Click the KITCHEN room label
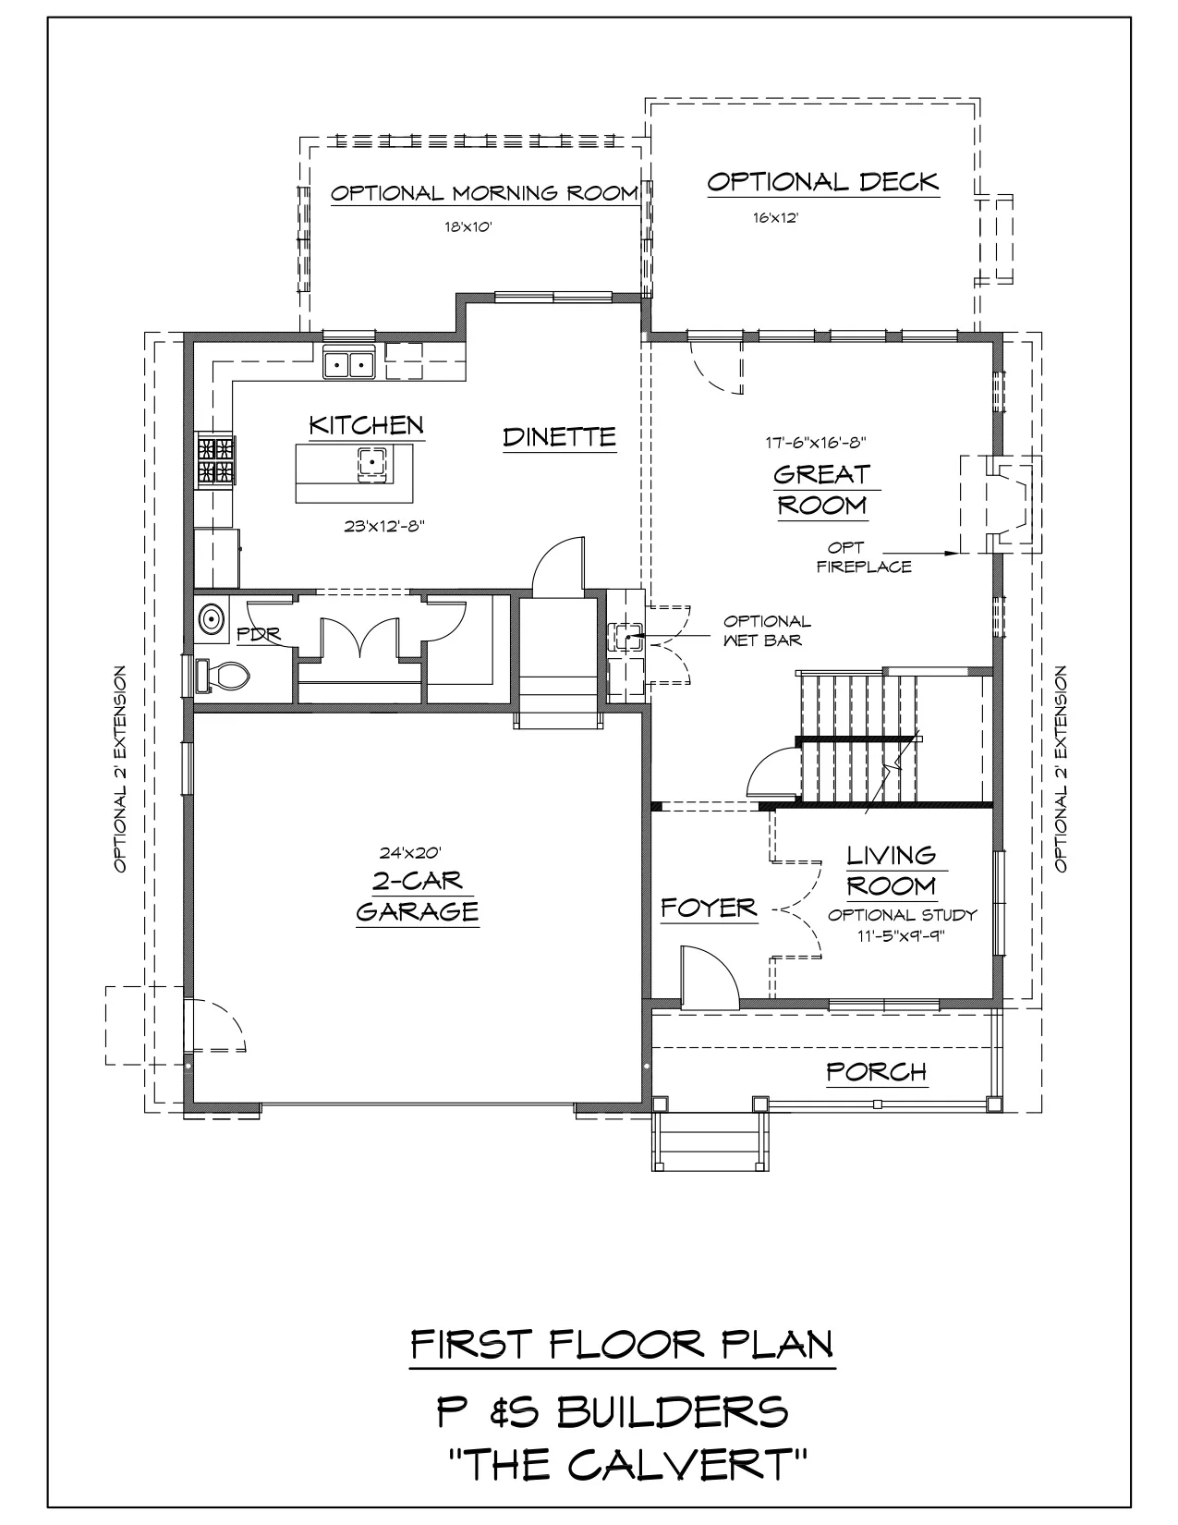coord(366,425)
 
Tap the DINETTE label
coord(559,436)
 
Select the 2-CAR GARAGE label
coord(418,896)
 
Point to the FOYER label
coord(709,909)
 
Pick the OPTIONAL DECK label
coord(822,182)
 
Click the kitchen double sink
coord(348,364)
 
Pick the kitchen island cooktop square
coord(371,460)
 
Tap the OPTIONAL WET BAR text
coord(767,630)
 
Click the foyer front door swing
coord(707,978)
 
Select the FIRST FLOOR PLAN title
coord(622,1345)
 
